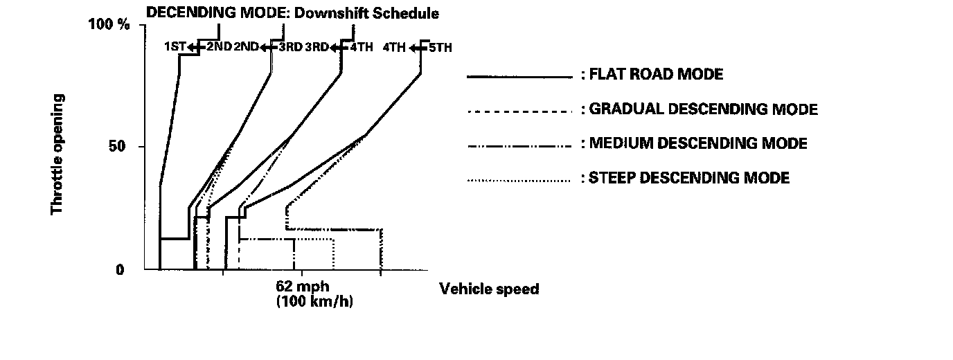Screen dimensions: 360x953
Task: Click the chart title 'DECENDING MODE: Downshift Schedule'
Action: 292,13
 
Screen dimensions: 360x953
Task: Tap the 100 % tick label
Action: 109,25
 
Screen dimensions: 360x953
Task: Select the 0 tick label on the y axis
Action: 120,269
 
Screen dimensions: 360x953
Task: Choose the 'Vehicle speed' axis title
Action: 489,289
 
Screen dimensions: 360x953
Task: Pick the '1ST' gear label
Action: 175,47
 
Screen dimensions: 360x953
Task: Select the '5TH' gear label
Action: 440,48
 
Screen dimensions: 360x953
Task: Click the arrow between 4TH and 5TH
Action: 418,48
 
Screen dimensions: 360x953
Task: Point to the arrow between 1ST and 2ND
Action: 195,47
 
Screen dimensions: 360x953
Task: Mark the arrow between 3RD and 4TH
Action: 339,47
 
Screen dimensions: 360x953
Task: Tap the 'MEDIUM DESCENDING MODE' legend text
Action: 697,143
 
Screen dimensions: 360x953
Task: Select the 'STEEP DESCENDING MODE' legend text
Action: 688,178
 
